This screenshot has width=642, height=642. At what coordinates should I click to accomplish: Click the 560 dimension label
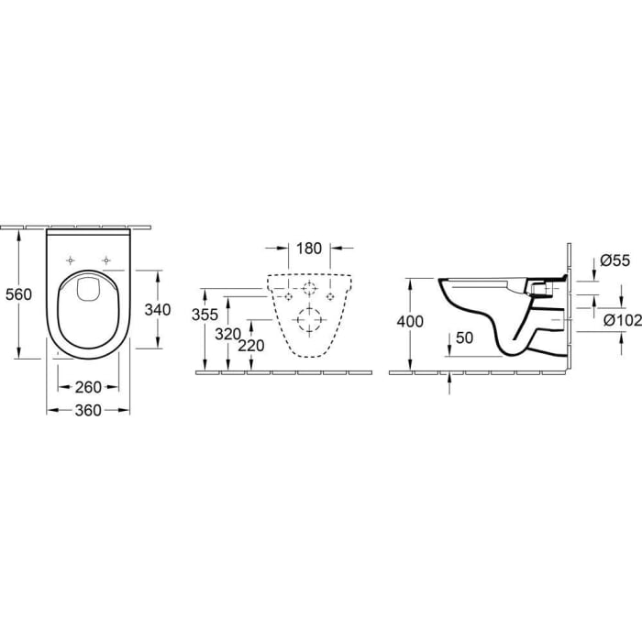[18, 294]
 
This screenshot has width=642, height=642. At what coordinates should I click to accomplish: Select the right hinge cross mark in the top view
[107, 258]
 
